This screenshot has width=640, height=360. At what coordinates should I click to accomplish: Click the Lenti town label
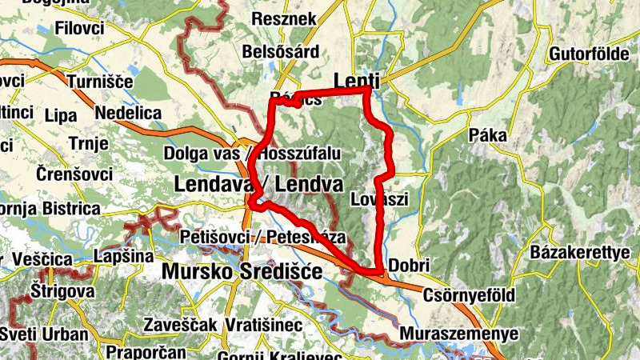coord(356,80)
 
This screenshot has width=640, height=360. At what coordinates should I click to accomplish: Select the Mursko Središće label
coord(242,272)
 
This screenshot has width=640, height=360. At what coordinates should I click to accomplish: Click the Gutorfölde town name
coord(593,55)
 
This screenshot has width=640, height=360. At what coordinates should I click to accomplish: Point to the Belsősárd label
coord(282,53)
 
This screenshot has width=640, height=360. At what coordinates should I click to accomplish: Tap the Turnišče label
coord(98,82)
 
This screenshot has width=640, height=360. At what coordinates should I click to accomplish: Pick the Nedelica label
coord(128,114)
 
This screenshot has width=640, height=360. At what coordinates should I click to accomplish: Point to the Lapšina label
coord(123,257)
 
